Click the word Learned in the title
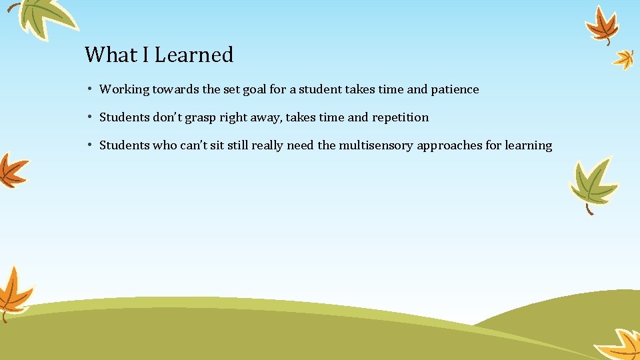tap(193, 55)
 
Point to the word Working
tap(124, 89)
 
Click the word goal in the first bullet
tap(255, 89)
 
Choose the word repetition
tap(400, 117)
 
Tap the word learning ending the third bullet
tap(528, 145)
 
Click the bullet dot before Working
tap(89, 89)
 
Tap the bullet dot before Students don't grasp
tap(89, 117)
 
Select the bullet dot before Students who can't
tap(89, 145)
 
